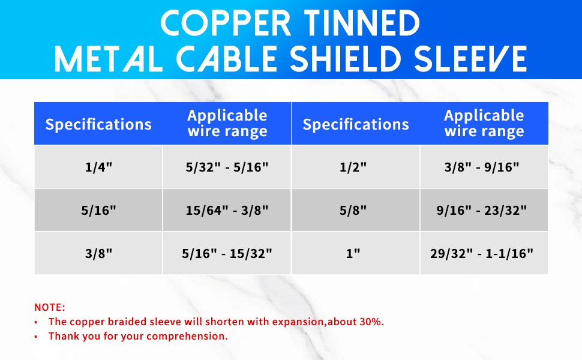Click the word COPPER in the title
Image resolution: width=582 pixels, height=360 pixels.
click(x=226, y=23)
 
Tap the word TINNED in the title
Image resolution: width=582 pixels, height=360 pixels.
click(x=362, y=23)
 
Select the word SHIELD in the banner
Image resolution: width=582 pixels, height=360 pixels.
click(x=345, y=59)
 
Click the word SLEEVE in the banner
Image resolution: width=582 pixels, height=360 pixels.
click(x=470, y=59)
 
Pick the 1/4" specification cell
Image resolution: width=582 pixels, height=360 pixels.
click(x=98, y=167)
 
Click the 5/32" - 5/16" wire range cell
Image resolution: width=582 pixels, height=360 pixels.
click(x=227, y=167)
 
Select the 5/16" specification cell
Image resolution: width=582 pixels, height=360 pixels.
click(x=98, y=210)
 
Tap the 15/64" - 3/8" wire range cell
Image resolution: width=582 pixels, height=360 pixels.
click(x=227, y=210)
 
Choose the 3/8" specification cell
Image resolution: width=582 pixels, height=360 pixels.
click(x=98, y=253)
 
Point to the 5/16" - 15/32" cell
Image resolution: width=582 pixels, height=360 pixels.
click(x=227, y=253)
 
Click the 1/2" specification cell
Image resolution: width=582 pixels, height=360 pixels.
click(x=356, y=167)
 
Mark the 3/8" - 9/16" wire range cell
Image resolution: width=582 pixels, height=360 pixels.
click(x=484, y=167)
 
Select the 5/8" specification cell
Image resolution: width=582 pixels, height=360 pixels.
click(x=356, y=210)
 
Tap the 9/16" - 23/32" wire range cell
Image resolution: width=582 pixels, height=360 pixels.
click(x=484, y=210)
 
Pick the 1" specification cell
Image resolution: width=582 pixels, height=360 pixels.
click(x=356, y=253)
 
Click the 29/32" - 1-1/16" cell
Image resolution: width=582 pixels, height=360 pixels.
click(x=484, y=253)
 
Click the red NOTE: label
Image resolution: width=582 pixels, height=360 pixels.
click(x=49, y=307)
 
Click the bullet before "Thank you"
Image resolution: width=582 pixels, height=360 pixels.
click(x=36, y=337)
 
